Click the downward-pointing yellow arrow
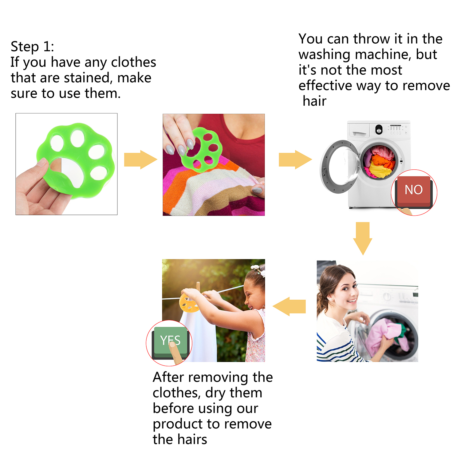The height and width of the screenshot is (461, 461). pos(363,238)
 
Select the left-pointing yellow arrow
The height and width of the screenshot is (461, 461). pos(289,306)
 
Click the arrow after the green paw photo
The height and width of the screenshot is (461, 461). pos(140,160)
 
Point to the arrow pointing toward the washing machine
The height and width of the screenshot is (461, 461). pos(295,160)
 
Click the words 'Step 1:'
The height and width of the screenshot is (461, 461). pos(32,47)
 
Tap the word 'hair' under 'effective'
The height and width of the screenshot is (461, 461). pos(314,101)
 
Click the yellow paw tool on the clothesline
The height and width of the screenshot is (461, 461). pos(189,302)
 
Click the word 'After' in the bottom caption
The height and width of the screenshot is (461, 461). pos(168,377)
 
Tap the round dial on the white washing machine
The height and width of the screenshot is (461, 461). pos(379,129)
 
